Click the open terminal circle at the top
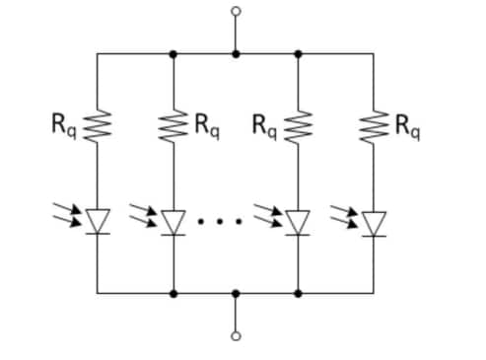click(235, 12)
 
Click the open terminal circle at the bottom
click(235, 335)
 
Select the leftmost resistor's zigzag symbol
click(97, 126)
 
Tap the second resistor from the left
click(174, 126)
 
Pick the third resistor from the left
click(298, 126)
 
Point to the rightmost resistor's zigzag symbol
click(374, 126)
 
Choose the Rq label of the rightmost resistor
click(407, 125)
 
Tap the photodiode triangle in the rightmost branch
click(374, 222)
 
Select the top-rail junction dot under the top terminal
click(235, 53)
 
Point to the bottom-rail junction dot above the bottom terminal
click(235, 293)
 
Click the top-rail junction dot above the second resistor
click(174, 53)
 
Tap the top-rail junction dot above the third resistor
click(298, 53)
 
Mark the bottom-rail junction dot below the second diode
click(174, 293)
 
